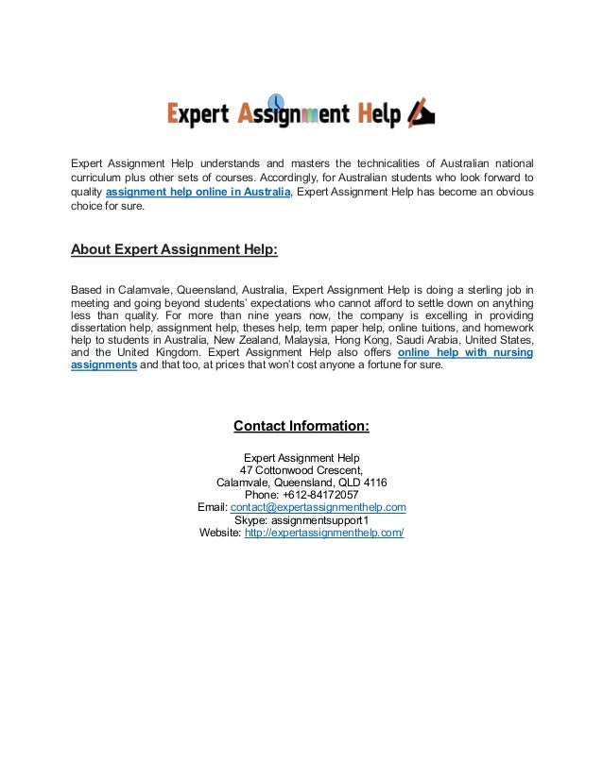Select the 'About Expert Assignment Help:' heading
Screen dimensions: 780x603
click(174, 250)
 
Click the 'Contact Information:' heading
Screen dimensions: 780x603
click(301, 426)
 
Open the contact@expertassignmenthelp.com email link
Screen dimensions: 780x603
click(319, 507)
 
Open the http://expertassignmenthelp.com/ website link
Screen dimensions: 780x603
click(324, 533)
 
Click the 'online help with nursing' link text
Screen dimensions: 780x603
click(465, 352)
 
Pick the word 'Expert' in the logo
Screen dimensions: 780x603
click(198, 115)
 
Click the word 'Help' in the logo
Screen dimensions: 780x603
click(378, 115)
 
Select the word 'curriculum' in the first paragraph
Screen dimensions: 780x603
click(98, 177)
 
